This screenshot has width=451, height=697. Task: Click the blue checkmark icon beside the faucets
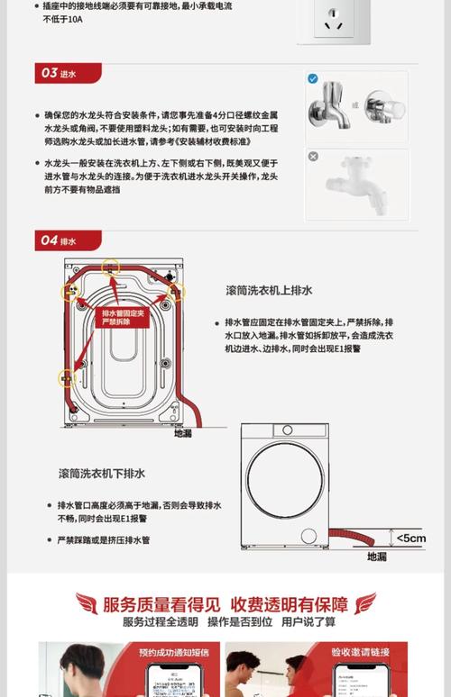point(313,79)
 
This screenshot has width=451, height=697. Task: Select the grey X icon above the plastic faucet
point(313,157)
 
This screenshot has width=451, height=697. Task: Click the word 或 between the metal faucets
point(355,104)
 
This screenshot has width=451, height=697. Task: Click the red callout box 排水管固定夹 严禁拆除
point(122,315)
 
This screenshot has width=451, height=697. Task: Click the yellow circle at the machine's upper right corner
point(176,291)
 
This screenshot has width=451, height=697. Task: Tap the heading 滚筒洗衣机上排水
point(269,290)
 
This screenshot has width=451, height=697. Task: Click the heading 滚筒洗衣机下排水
point(102,473)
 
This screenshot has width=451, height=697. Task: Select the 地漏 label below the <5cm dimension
point(377,557)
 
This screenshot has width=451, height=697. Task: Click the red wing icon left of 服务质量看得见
point(87,602)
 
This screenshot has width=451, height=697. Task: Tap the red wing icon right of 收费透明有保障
point(365,602)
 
